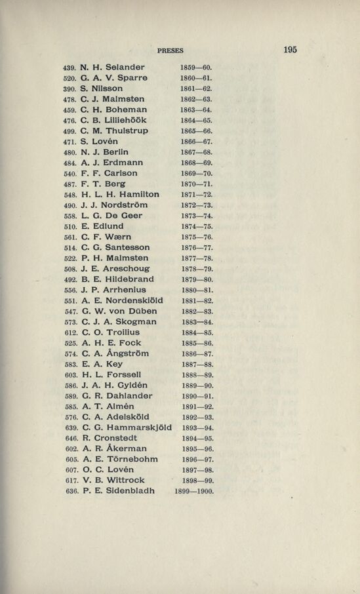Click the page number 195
pyautogui.click(x=290, y=49)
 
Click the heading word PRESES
pyautogui.click(x=170, y=50)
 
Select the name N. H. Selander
pyautogui.click(x=113, y=67)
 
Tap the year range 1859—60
pyautogui.click(x=196, y=68)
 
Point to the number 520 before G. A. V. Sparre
pyautogui.click(x=70, y=78)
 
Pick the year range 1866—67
pyautogui.click(x=196, y=142)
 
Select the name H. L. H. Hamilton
pyautogui.click(x=120, y=194)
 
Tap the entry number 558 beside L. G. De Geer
pyautogui.click(x=70, y=216)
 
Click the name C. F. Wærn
pyautogui.click(x=107, y=237)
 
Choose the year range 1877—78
pyautogui.click(x=196, y=258)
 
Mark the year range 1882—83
pyautogui.click(x=196, y=311)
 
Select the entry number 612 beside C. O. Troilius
pyautogui.click(x=70, y=332)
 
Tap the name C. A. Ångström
pyautogui.click(x=115, y=353)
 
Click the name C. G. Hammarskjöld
pyautogui.click(x=127, y=427)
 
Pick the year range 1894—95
pyautogui.click(x=196, y=439)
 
